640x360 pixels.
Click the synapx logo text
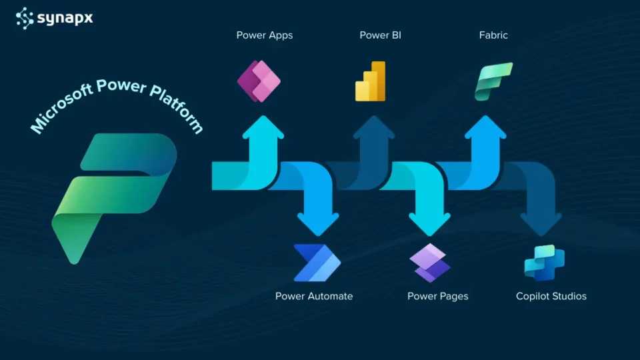[x=65, y=17]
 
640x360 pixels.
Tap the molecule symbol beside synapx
[x=25, y=17]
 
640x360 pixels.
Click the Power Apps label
[x=264, y=35]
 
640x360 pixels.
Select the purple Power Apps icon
[x=260, y=81]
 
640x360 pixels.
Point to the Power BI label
[x=380, y=35]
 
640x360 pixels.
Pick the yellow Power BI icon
[x=371, y=81]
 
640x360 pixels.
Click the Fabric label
[x=493, y=35]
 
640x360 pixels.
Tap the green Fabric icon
[x=493, y=81]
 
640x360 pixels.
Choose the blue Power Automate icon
[x=317, y=263]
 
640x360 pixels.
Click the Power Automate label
[x=314, y=296]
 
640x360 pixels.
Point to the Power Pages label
[x=437, y=296]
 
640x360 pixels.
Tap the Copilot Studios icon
[x=544, y=263]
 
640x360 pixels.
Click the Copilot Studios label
[x=551, y=296]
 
